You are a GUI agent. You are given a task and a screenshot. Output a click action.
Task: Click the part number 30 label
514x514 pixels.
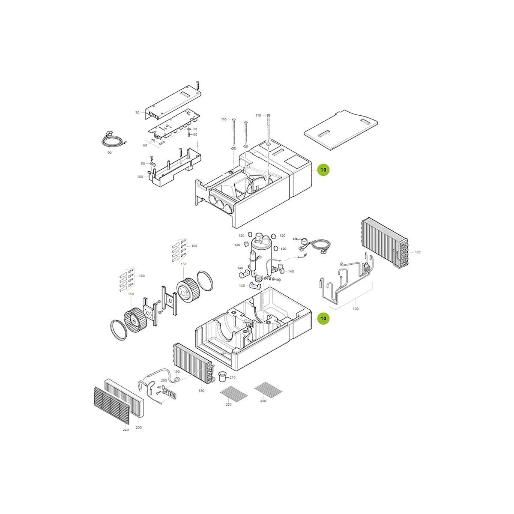137,113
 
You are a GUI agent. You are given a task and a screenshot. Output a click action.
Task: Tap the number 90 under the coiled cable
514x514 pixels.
109,152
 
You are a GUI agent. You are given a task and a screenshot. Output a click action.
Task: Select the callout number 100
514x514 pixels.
140,176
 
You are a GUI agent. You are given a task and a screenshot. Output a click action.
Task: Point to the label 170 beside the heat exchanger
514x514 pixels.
418,252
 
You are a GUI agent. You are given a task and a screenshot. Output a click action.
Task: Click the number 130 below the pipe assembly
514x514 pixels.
356,308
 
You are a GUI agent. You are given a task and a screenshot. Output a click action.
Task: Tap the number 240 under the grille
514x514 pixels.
126,430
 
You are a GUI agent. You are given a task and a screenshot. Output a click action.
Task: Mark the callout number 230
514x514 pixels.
139,427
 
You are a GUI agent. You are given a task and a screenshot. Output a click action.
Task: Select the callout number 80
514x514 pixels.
143,164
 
